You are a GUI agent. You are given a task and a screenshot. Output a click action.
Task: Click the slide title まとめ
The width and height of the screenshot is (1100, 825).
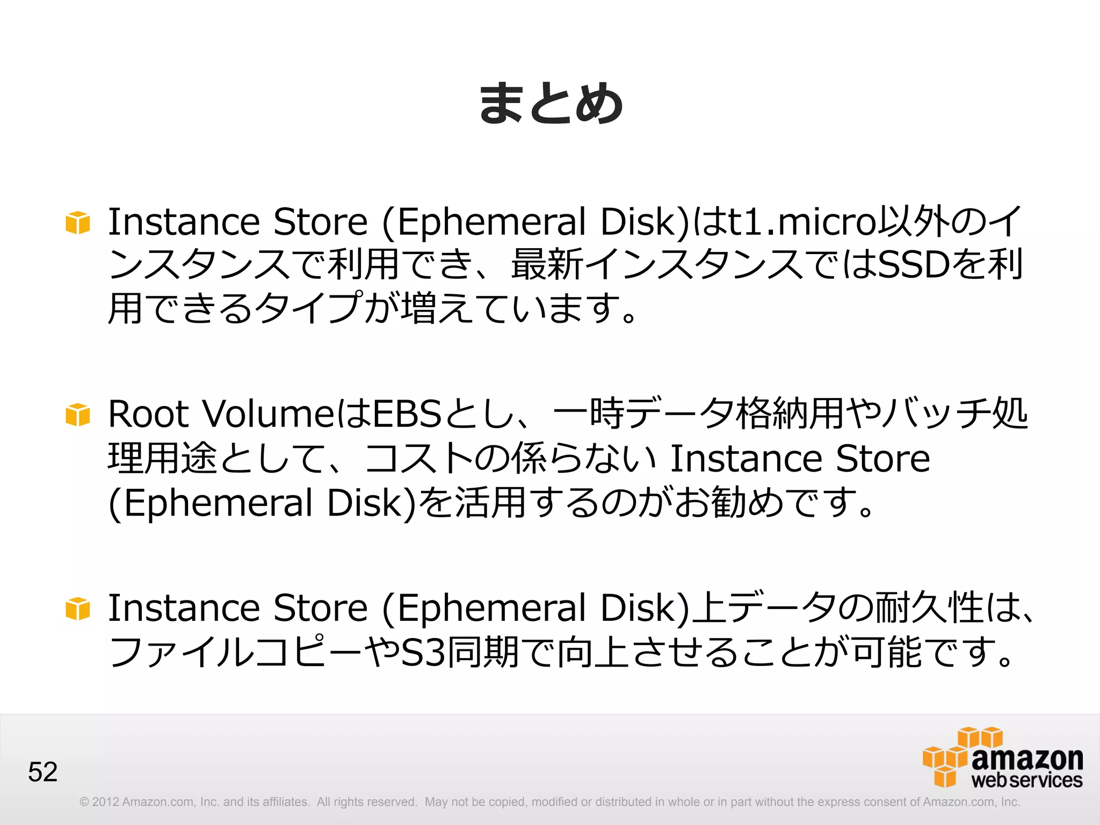click(x=551, y=103)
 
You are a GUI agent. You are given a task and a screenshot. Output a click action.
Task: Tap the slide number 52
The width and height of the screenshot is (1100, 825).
click(x=42, y=772)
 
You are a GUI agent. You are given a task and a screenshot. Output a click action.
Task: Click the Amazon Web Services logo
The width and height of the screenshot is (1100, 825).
click(x=1003, y=758)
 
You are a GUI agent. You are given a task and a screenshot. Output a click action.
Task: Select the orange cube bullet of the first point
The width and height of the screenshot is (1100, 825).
click(x=78, y=222)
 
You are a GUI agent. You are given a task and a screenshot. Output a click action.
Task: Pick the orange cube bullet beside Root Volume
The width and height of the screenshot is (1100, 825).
click(x=78, y=415)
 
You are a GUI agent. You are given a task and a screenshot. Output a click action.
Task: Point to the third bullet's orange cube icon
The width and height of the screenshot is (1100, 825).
click(x=78, y=609)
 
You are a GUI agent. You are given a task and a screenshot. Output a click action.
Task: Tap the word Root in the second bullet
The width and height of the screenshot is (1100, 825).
click(x=148, y=414)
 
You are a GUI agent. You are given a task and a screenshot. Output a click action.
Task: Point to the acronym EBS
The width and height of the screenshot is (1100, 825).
click(x=407, y=414)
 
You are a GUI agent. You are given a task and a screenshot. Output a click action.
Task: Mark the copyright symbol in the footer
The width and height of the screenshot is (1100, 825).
click(x=84, y=802)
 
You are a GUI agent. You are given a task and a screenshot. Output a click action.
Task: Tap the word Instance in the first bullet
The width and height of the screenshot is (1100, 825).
click(x=184, y=222)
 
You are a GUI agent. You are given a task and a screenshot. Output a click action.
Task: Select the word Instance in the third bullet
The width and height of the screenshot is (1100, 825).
click(x=184, y=608)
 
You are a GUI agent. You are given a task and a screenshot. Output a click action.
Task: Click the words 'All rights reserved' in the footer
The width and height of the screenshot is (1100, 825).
click(x=367, y=802)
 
